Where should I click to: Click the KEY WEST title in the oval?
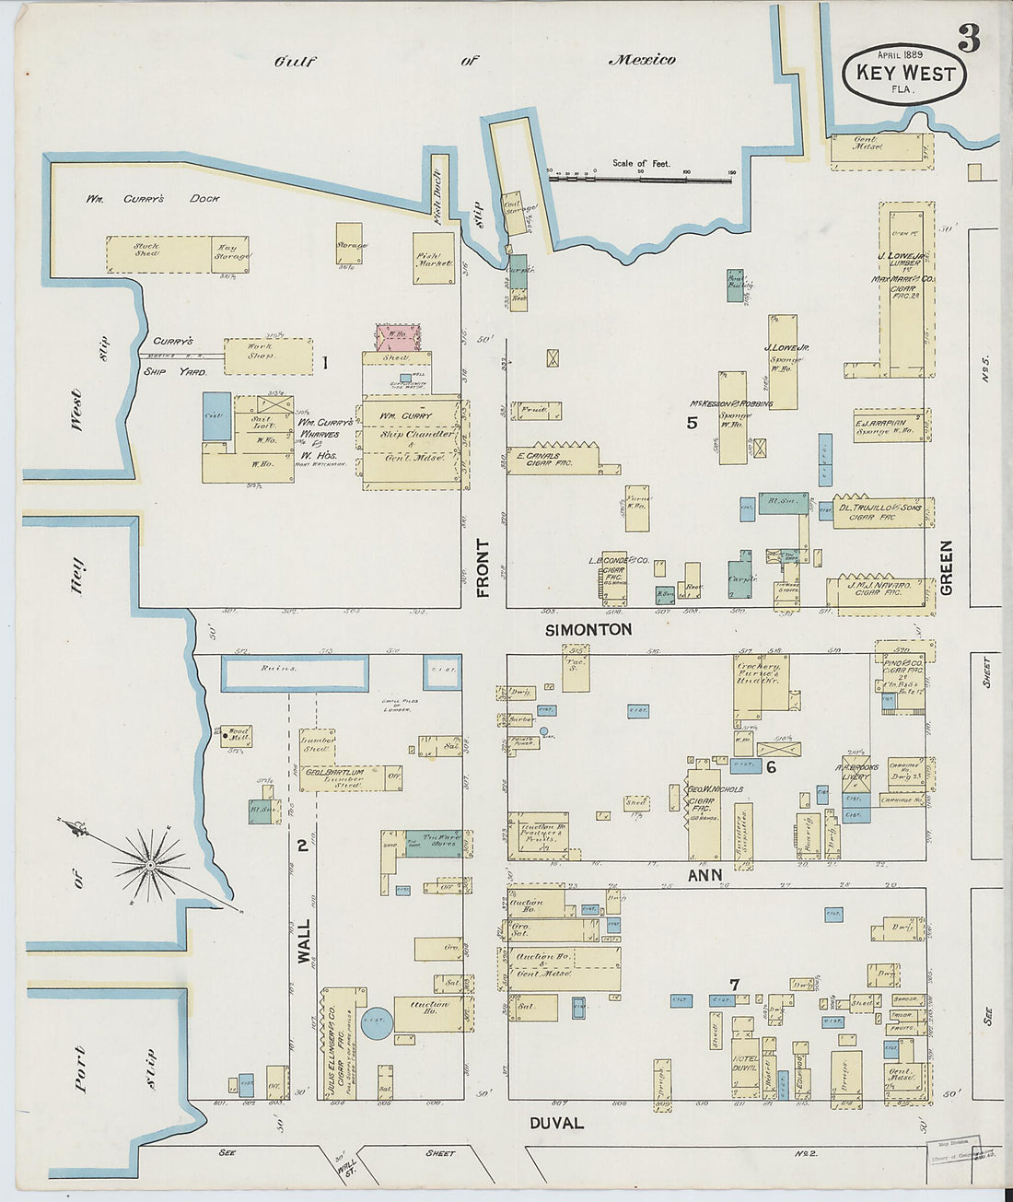pyautogui.click(x=905, y=74)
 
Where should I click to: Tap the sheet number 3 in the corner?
pyautogui.click(x=968, y=39)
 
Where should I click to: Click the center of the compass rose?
pyautogui.click(x=149, y=866)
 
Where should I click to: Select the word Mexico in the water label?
pyautogui.click(x=642, y=60)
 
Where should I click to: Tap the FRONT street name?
pyautogui.click(x=483, y=568)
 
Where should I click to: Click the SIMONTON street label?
pyautogui.click(x=588, y=630)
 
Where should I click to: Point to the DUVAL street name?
pyautogui.click(x=556, y=1123)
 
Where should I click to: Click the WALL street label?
pyautogui.click(x=303, y=939)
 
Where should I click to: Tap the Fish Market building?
pyautogui.click(x=434, y=259)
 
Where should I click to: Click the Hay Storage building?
pyautogui.click(x=231, y=253)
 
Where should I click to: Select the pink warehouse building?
pyautogui.click(x=397, y=337)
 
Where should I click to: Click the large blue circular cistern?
pyautogui.click(x=376, y=1022)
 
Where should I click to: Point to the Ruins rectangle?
pyautogui.click(x=295, y=672)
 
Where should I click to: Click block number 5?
pyautogui.click(x=692, y=423)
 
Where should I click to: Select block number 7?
pyautogui.click(x=734, y=986)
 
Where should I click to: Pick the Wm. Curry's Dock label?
pyautogui.click(x=153, y=198)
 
